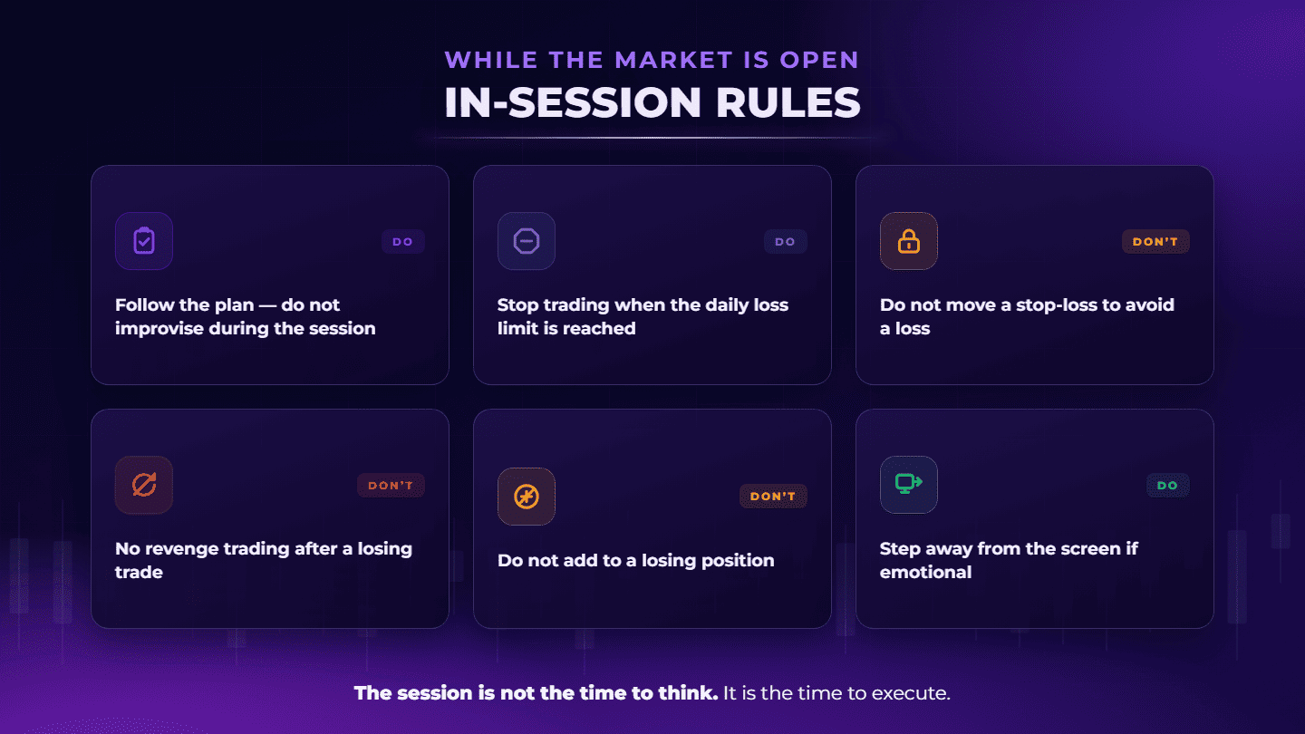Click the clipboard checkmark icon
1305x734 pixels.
(144, 241)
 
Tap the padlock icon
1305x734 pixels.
(909, 241)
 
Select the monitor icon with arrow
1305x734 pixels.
(909, 484)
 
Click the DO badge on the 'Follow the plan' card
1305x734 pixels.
(403, 242)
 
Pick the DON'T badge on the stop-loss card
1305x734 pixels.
(1155, 242)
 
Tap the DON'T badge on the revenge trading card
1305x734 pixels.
(391, 486)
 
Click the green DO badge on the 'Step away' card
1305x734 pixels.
(1168, 486)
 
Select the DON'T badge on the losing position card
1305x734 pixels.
(774, 497)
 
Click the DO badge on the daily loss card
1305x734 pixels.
(786, 242)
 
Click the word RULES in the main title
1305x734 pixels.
(788, 102)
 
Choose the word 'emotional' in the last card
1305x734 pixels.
(926, 572)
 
